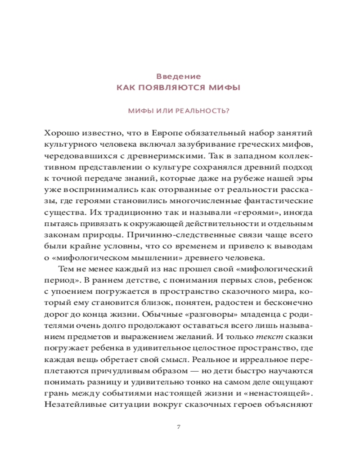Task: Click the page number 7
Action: pyautogui.click(x=179, y=426)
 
